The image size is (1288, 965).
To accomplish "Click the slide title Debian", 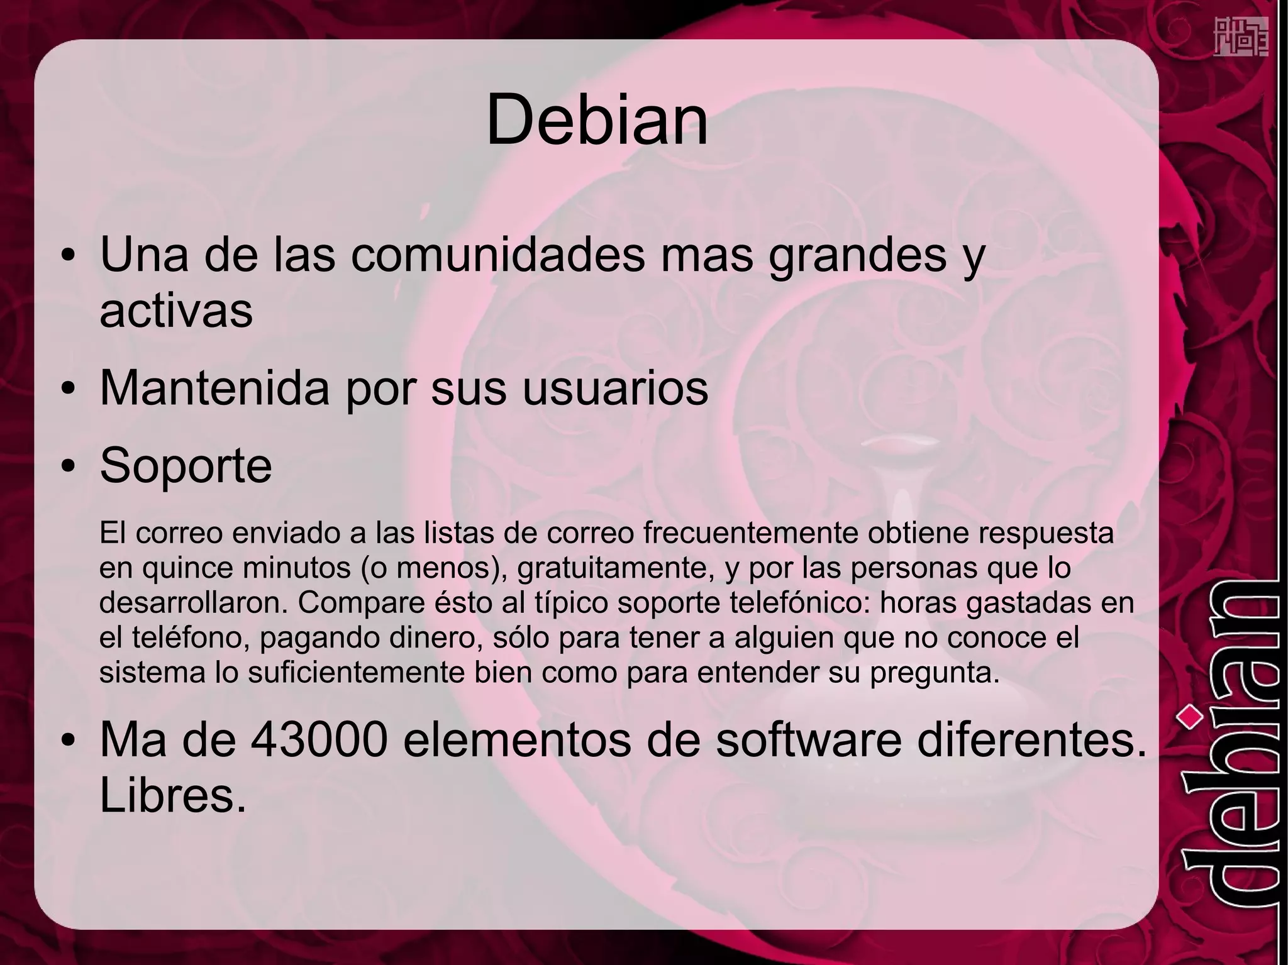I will [597, 119].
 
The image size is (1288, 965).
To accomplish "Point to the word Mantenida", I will [214, 388].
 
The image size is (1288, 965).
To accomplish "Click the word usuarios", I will [616, 388].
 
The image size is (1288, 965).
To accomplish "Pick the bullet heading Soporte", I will [186, 465].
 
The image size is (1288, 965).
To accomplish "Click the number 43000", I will [318, 740].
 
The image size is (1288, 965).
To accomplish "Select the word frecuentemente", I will [751, 533].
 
